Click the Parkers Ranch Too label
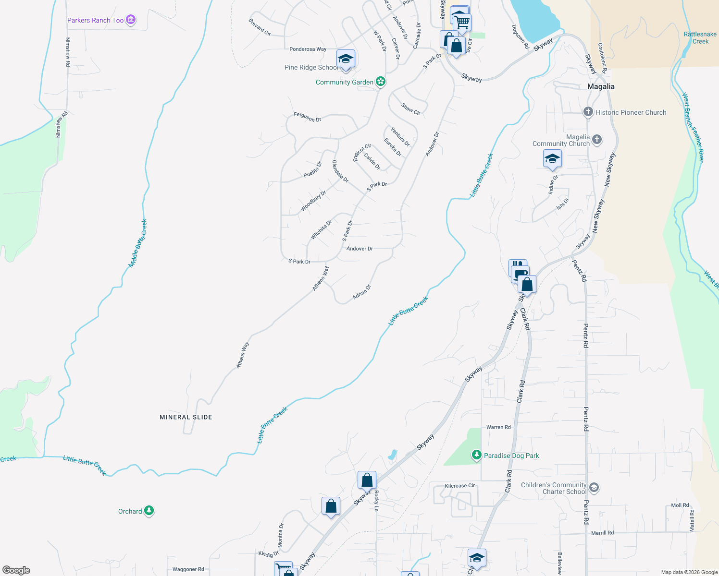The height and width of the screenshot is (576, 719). coord(96,20)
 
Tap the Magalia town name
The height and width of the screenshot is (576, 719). coord(601,86)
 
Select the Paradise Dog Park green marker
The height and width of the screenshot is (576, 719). coord(476,455)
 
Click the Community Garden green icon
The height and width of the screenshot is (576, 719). coord(381,82)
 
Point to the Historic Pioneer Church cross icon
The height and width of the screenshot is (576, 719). coord(588,112)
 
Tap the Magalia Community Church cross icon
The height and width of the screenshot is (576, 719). coord(597,140)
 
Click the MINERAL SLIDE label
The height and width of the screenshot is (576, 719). coord(186,417)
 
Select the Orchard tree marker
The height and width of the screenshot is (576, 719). coord(149,511)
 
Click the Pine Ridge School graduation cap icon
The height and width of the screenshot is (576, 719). coord(346,60)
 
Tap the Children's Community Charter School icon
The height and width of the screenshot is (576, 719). coord(594,488)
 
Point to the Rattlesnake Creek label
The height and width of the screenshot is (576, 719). coord(700,37)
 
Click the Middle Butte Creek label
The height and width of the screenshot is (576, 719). coord(138,243)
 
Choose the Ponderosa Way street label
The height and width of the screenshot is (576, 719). coord(308,49)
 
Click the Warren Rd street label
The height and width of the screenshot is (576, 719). coord(498,427)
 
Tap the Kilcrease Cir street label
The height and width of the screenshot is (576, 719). coord(460,486)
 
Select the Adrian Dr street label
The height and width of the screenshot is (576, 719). coord(362,292)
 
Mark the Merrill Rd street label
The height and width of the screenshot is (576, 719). coord(602,533)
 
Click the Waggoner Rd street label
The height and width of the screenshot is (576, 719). coord(188,569)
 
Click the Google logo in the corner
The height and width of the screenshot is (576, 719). coord(16,570)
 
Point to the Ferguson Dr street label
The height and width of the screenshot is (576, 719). coord(308,117)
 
